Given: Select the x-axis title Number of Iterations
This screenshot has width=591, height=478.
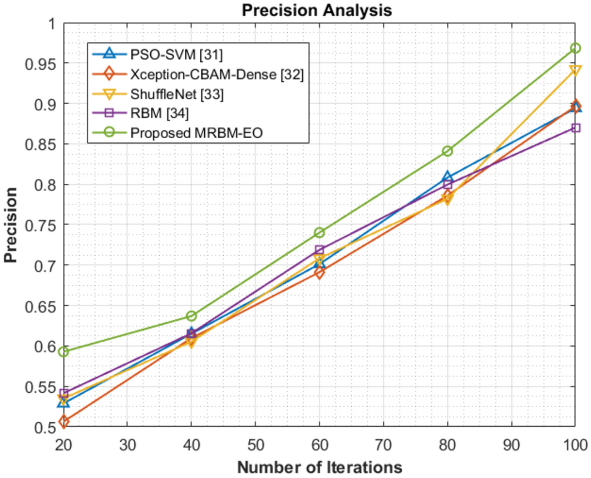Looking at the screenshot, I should (x=319, y=467).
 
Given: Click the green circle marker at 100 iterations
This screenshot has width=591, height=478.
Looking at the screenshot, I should (x=575, y=48).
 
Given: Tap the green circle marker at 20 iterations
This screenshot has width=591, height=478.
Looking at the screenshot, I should (x=63, y=352).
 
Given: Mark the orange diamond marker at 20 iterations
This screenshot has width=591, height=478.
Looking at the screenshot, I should (x=63, y=422).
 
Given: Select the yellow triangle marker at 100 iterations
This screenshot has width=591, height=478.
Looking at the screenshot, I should (x=575, y=71).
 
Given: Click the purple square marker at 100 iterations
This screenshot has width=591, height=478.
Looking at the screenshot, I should (x=575, y=128).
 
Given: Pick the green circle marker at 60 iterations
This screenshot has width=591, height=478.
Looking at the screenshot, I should (x=319, y=232).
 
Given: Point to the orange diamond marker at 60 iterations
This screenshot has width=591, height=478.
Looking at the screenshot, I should (x=319, y=273).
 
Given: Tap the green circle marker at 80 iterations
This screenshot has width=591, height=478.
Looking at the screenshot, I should (x=447, y=151).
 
